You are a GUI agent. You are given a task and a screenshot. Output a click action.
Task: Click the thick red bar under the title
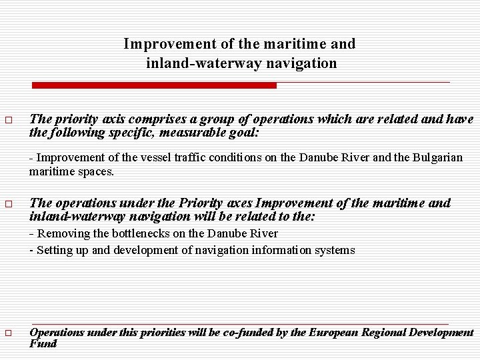(x=155, y=85)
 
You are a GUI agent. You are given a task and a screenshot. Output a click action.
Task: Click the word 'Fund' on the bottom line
(x=43, y=343)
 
